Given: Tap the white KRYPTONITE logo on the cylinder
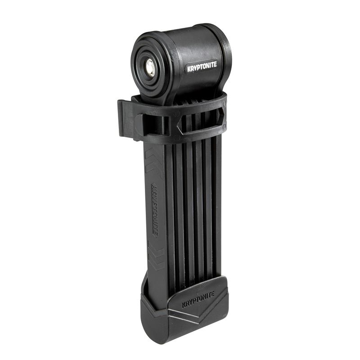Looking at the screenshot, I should coord(202,66).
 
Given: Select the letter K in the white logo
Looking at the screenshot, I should coord(189,69).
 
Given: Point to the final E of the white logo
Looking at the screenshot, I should coord(215,64).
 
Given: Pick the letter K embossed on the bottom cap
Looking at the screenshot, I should coord(184,306).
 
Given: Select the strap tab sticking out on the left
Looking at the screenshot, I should coord(124,118).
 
